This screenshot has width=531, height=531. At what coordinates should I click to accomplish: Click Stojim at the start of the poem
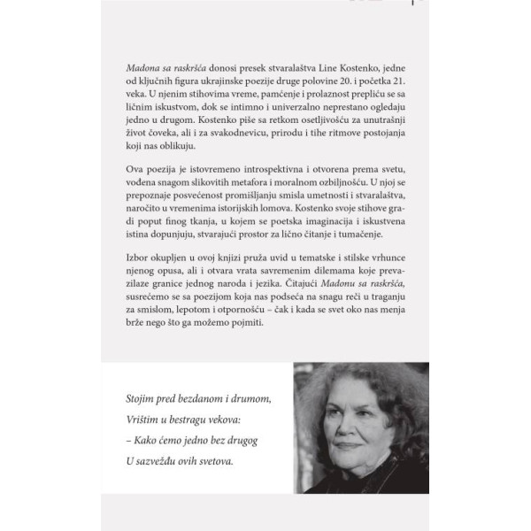tap(145, 400)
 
